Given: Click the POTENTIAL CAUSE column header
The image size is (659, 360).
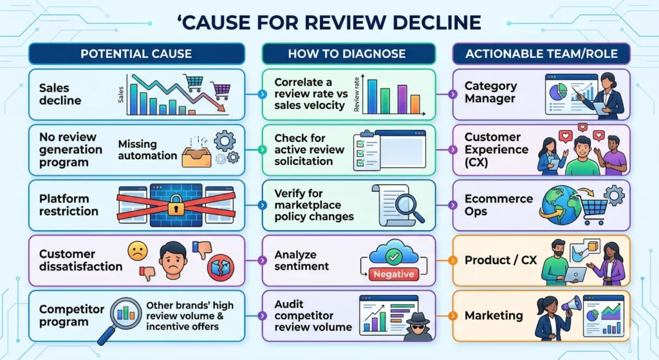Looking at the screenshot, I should click(136, 54).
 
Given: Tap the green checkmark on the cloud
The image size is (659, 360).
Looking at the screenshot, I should click(391, 256).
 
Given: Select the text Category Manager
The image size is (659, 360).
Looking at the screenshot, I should click(490, 92).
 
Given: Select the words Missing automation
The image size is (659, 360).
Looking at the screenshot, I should click(147, 150).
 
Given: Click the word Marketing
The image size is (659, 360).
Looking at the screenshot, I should click(494, 316).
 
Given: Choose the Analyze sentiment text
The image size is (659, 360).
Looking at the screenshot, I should click(302, 260).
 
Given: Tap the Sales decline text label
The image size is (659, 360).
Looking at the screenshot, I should click(60, 94).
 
